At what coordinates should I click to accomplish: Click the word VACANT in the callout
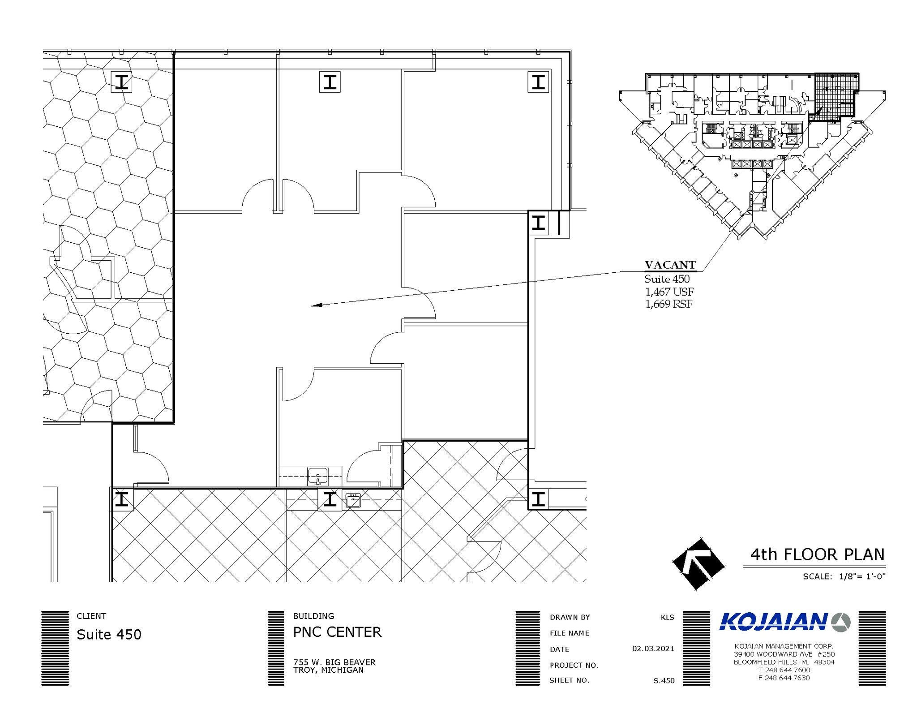point(670,265)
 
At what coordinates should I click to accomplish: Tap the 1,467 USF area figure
point(669,292)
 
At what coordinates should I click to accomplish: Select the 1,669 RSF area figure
point(668,304)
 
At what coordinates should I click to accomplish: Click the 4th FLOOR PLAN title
point(818,554)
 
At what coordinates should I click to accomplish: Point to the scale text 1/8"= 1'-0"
point(862,576)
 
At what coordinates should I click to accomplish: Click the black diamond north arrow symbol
point(698,565)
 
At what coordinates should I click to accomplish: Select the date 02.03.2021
point(653,649)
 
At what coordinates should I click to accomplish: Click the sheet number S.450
point(664,681)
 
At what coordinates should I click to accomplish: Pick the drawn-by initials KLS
point(667,617)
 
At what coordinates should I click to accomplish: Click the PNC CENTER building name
point(337,632)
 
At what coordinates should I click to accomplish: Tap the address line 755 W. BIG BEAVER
point(334,662)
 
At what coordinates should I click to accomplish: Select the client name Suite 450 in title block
point(109,634)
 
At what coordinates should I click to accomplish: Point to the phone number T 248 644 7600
point(784,670)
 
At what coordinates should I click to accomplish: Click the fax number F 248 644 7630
point(784,678)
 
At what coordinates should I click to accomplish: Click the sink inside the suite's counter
point(318,476)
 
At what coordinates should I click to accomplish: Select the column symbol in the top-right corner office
point(538,82)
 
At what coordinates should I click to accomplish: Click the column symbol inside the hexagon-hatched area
point(121,82)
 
